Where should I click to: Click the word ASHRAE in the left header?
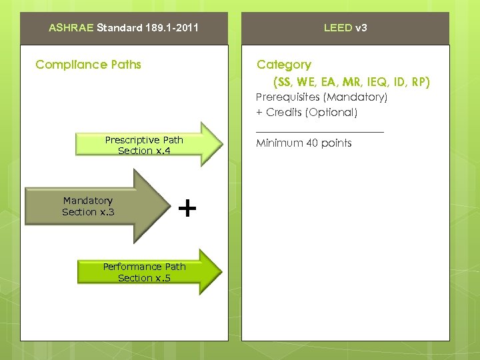point(71,28)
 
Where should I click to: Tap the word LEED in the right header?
point(337,28)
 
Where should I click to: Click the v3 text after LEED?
point(361,28)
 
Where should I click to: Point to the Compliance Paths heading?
point(88,65)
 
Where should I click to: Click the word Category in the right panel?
point(284,65)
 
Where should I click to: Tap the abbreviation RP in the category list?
point(420,82)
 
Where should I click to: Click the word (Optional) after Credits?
point(331,113)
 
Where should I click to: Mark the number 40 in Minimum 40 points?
point(312,143)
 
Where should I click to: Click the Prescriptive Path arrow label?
point(144,140)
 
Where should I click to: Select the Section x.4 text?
point(144,151)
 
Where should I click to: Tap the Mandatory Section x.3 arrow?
point(88,206)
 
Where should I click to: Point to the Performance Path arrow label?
point(144,267)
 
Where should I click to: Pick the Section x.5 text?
point(144,278)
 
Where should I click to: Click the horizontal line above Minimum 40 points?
point(320,133)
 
